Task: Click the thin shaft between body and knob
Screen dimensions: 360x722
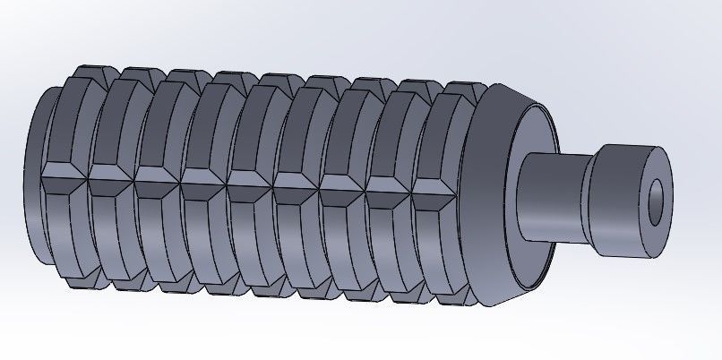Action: click(550, 197)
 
